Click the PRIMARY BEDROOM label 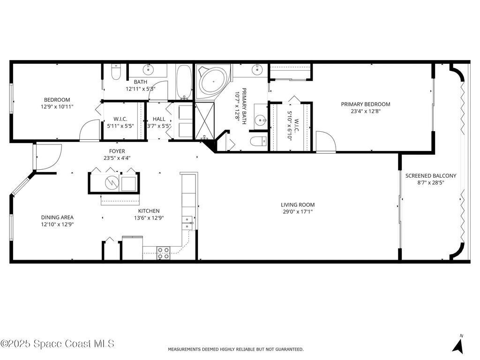(365, 104)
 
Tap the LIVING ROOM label (298, 204)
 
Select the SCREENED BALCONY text (430, 176)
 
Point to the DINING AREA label (57, 217)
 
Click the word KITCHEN (149, 211)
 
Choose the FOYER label (117, 151)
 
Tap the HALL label (159, 119)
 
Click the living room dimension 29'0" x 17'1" (298, 211)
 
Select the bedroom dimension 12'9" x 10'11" (57, 106)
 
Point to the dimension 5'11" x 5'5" (120, 126)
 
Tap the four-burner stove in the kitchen (163, 253)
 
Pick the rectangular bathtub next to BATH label (184, 82)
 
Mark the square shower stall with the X (204, 120)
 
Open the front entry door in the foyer (48, 157)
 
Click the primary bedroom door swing (325, 142)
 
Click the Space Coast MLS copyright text (57, 344)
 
